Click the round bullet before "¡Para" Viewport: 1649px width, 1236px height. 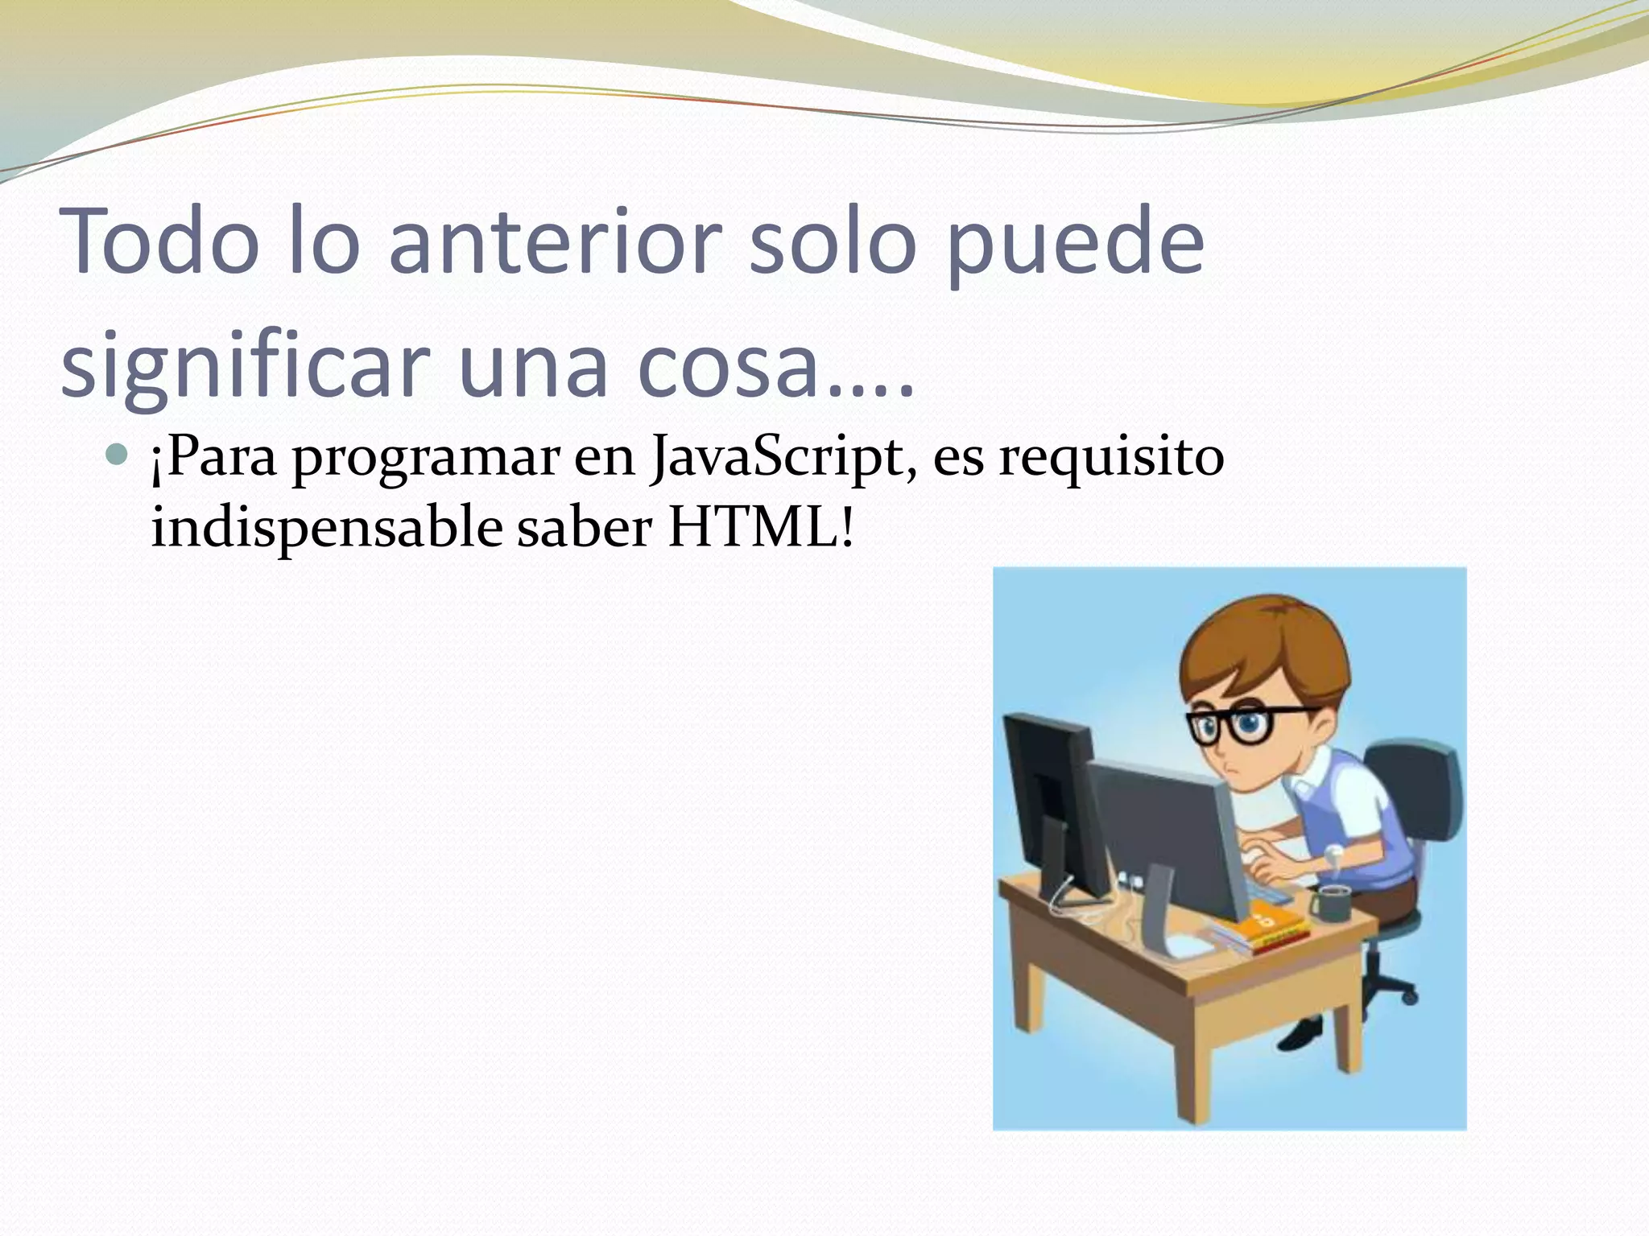click(x=117, y=455)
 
